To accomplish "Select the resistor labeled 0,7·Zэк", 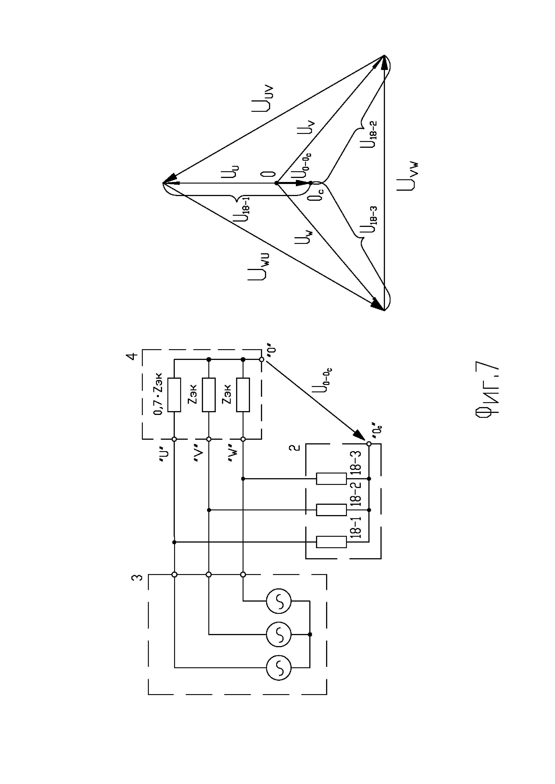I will click(174, 395).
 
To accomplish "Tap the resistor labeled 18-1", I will click(331, 542).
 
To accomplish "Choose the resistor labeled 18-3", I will click(331, 479).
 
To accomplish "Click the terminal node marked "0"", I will click(261, 359).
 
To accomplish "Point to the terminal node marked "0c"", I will click(369, 444).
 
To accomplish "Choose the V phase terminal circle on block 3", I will click(209, 575).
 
